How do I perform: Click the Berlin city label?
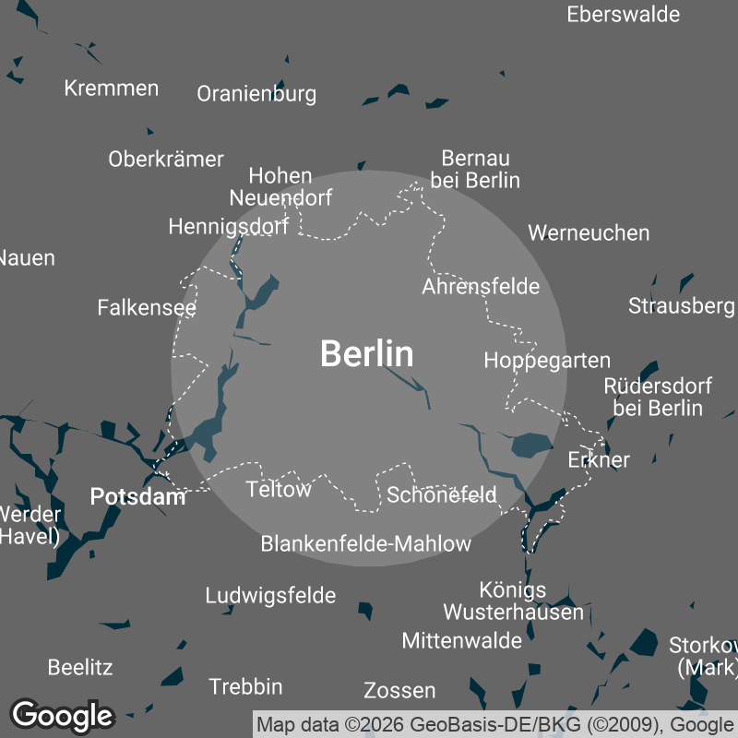coord(367,354)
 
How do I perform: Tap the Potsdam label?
coord(138,497)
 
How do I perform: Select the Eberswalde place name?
coord(624,14)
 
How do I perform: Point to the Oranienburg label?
coord(256,93)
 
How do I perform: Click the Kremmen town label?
coord(112,89)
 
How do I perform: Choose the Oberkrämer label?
coord(166,159)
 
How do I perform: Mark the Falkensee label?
coord(147,307)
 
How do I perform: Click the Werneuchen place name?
coord(589,232)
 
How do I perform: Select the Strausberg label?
coord(681,305)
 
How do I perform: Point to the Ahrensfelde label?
coord(481,286)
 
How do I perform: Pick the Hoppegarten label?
coord(547,360)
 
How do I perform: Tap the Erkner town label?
coord(599,459)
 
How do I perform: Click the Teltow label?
coord(279,489)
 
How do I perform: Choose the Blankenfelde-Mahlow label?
coord(366,543)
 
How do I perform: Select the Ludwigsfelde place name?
coord(270,595)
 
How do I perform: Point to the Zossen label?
coord(399,690)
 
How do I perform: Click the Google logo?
coord(62,715)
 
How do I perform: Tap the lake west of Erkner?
coord(531,445)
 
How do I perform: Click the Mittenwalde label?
coord(461,639)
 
